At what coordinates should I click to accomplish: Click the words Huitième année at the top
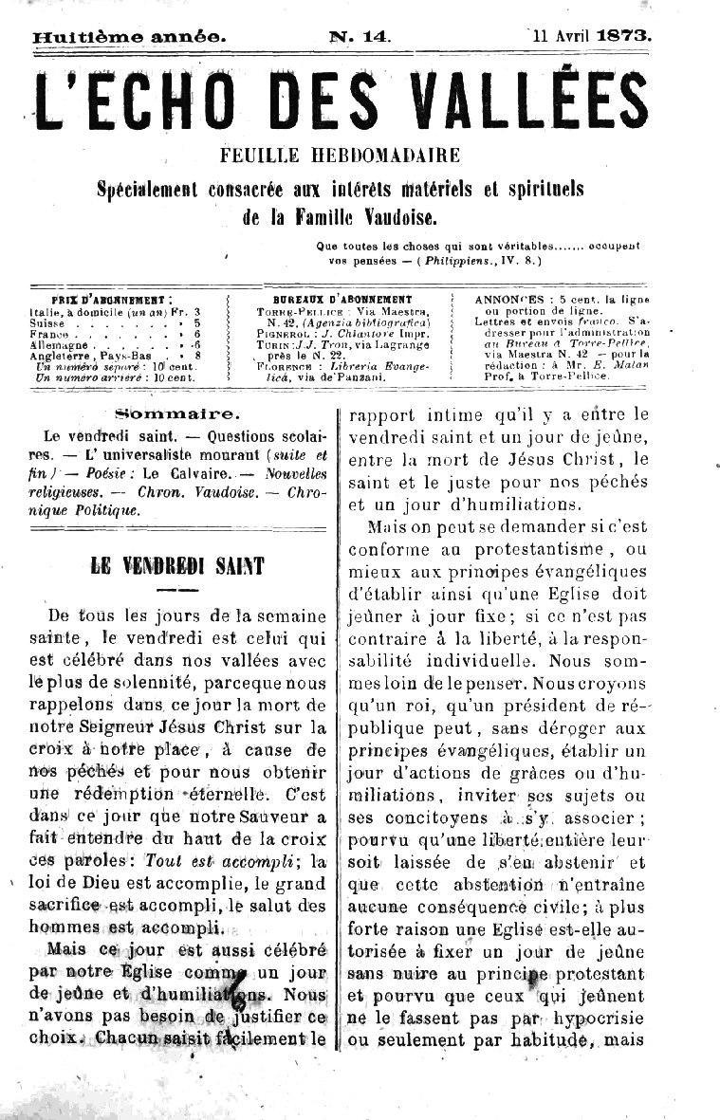129,38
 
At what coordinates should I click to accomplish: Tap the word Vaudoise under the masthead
398,218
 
